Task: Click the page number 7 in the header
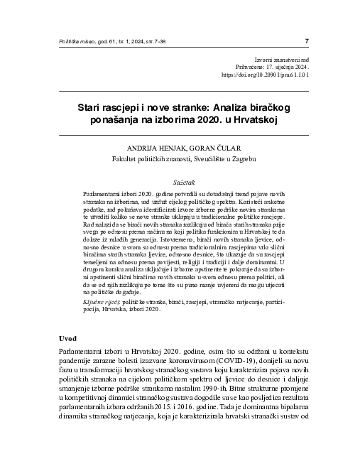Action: (x=306, y=40)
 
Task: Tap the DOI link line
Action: (x=265, y=73)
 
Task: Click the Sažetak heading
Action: (x=180, y=182)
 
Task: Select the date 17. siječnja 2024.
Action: (x=288, y=65)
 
